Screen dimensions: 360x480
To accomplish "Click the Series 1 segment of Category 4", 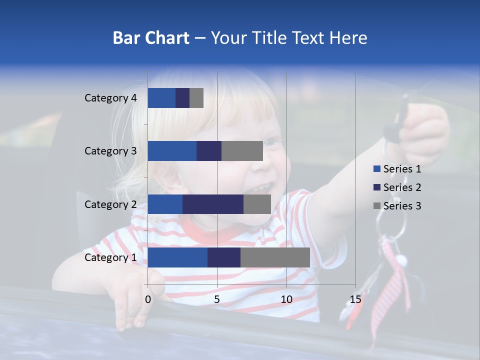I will point(161,98).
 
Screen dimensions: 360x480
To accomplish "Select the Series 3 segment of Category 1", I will point(275,257).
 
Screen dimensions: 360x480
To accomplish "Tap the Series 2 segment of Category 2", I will point(213,204).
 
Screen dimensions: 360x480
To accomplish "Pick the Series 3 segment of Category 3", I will point(242,151).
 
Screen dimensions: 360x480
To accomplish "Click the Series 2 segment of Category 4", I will point(182,98).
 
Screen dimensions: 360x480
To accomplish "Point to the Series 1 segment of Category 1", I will point(177,257).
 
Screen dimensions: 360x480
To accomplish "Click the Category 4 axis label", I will point(110,98).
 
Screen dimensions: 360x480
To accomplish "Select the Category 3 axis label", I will point(110,151).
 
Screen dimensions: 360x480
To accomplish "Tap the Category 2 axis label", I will point(110,204).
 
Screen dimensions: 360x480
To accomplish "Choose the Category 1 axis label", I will point(110,257).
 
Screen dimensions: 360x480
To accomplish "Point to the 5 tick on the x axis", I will point(217,299).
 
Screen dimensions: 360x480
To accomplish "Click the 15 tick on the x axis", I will point(355,299).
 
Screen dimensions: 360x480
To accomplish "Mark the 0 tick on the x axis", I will point(148,299).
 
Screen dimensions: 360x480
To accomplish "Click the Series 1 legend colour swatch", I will point(376,169).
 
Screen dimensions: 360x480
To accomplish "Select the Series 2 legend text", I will point(402,187).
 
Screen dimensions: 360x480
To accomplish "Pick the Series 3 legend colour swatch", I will point(376,206).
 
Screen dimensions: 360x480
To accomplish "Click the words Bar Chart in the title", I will point(151,38).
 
